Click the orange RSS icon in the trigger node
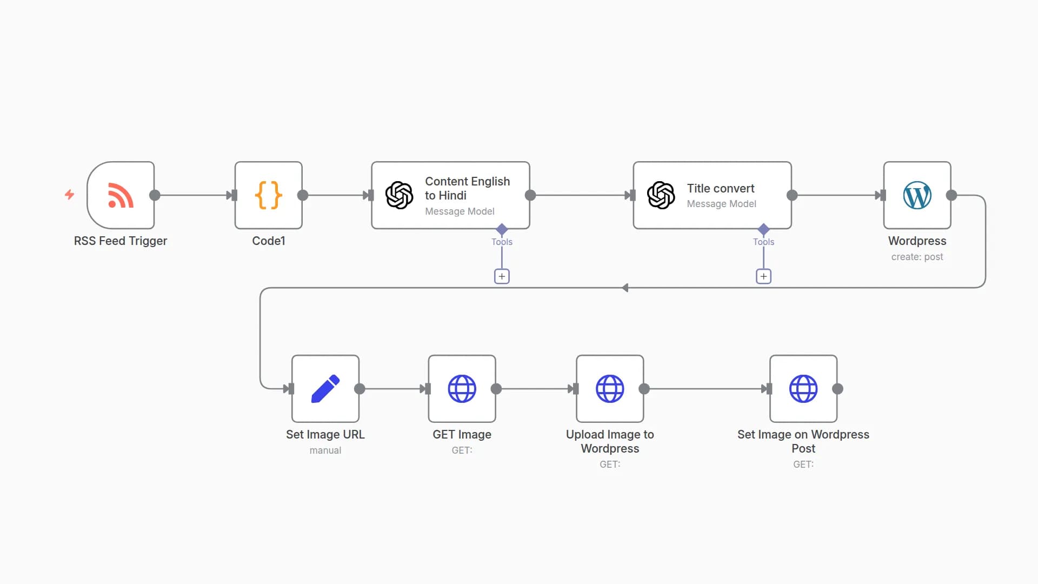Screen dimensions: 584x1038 tap(121, 195)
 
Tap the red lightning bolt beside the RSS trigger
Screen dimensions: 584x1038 tap(69, 194)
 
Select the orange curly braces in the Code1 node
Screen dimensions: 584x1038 tap(268, 195)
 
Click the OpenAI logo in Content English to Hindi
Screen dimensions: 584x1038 tap(399, 195)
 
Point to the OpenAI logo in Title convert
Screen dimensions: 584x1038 tap(661, 195)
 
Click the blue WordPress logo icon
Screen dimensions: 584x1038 tap(917, 195)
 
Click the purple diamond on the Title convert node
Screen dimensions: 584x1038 tap(763, 229)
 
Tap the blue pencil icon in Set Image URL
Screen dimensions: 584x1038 tap(325, 389)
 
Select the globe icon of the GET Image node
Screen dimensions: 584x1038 tap(462, 389)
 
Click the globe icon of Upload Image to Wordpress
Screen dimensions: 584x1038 tap(610, 389)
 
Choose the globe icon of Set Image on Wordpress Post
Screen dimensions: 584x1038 tap(803, 389)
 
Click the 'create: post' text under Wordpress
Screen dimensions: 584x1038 tap(917, 257)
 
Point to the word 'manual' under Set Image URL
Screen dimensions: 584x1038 tap(325, 450)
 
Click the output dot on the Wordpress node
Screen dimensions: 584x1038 tap(951, 195)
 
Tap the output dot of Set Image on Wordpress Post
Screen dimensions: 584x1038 tap(837, 389)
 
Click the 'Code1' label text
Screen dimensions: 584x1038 tap(268, 241)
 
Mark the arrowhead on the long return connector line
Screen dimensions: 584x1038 tap(625, 288)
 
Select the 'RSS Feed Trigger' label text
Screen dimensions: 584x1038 tap(120, 241)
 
